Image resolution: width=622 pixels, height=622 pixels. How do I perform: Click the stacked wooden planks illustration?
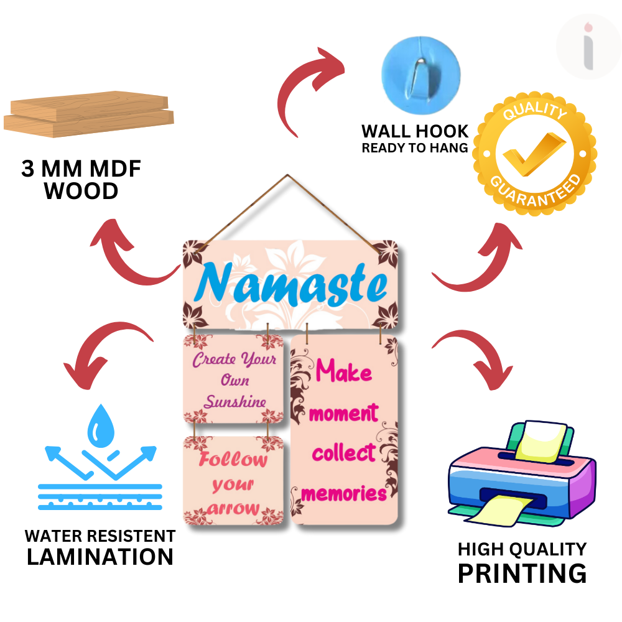[x=89, y=114]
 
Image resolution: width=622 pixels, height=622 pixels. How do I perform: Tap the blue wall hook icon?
[x=421, y=75]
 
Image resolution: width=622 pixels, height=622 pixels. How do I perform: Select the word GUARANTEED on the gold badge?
[x=536, y=192]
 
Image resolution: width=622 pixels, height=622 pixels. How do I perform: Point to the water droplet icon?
[x=101, y=426]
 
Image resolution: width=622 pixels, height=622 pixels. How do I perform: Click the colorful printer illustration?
[x=522, y=473]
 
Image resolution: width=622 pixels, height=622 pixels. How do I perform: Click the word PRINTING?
[x=522, y=573]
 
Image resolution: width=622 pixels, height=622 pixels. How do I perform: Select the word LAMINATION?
[x=100, y=557]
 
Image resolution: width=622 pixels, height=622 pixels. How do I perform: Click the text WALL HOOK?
[x=415, y=131]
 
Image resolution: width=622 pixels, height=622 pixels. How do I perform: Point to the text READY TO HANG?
[x=415, y=148]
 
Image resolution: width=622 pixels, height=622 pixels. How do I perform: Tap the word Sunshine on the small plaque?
[x=235, y=401]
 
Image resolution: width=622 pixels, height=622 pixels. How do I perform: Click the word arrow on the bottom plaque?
[x=233, y=509]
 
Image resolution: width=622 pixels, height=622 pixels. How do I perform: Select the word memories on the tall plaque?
[x=343, y=494]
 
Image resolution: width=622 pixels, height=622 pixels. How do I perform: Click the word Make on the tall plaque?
[x=343, y=371]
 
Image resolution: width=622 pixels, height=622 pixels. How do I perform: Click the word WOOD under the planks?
[x=81, y=191]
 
